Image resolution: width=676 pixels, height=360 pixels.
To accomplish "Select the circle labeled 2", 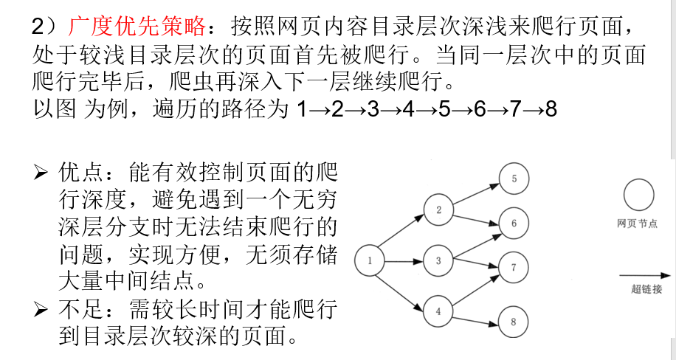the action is coord(438,210).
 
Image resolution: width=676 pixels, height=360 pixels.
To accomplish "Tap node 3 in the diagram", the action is coord(438,260).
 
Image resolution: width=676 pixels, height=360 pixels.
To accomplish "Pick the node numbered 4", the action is coord(438,311).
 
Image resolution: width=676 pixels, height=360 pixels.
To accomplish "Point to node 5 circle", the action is coord(514,178).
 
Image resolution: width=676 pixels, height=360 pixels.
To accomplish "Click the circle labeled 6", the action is coord(514,221).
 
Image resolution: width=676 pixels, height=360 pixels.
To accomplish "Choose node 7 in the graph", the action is coord(514,267).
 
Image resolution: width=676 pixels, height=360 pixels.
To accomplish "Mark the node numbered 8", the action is coord(514,321).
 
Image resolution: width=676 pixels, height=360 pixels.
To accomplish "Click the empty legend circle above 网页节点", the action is coord(638,197).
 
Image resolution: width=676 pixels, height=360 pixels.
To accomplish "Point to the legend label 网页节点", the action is coord(638,224).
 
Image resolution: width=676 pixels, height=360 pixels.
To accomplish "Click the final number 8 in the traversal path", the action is coord(551,110).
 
